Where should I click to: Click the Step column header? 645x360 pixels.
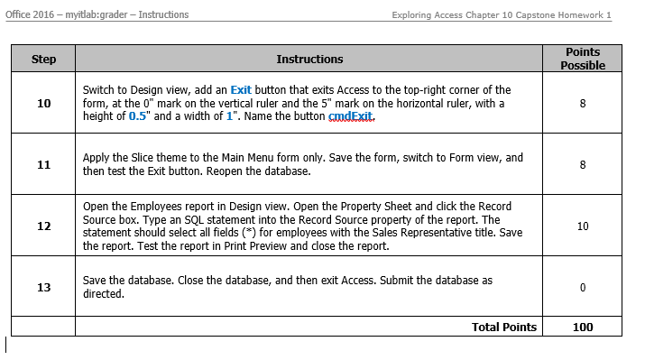[43, 60]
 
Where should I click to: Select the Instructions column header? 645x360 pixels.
[309, 60]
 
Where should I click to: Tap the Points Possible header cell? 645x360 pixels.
[582, 59]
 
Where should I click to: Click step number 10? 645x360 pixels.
[43, 104]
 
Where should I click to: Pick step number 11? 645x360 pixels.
[43, 164]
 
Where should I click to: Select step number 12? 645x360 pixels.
[43, 226]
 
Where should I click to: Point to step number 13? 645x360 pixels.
[43, 287]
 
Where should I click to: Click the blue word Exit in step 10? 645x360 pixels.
[241, 90]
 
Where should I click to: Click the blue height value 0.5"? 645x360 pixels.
[136, 117]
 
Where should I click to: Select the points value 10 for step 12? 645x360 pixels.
[582, 226]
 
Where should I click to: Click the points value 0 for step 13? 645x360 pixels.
[582, 287]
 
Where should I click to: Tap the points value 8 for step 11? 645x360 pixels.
[582, 164]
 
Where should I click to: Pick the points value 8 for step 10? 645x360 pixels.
[582, 104]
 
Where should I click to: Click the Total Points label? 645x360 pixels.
[503, 328]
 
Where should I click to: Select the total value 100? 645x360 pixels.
[582, 328]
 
